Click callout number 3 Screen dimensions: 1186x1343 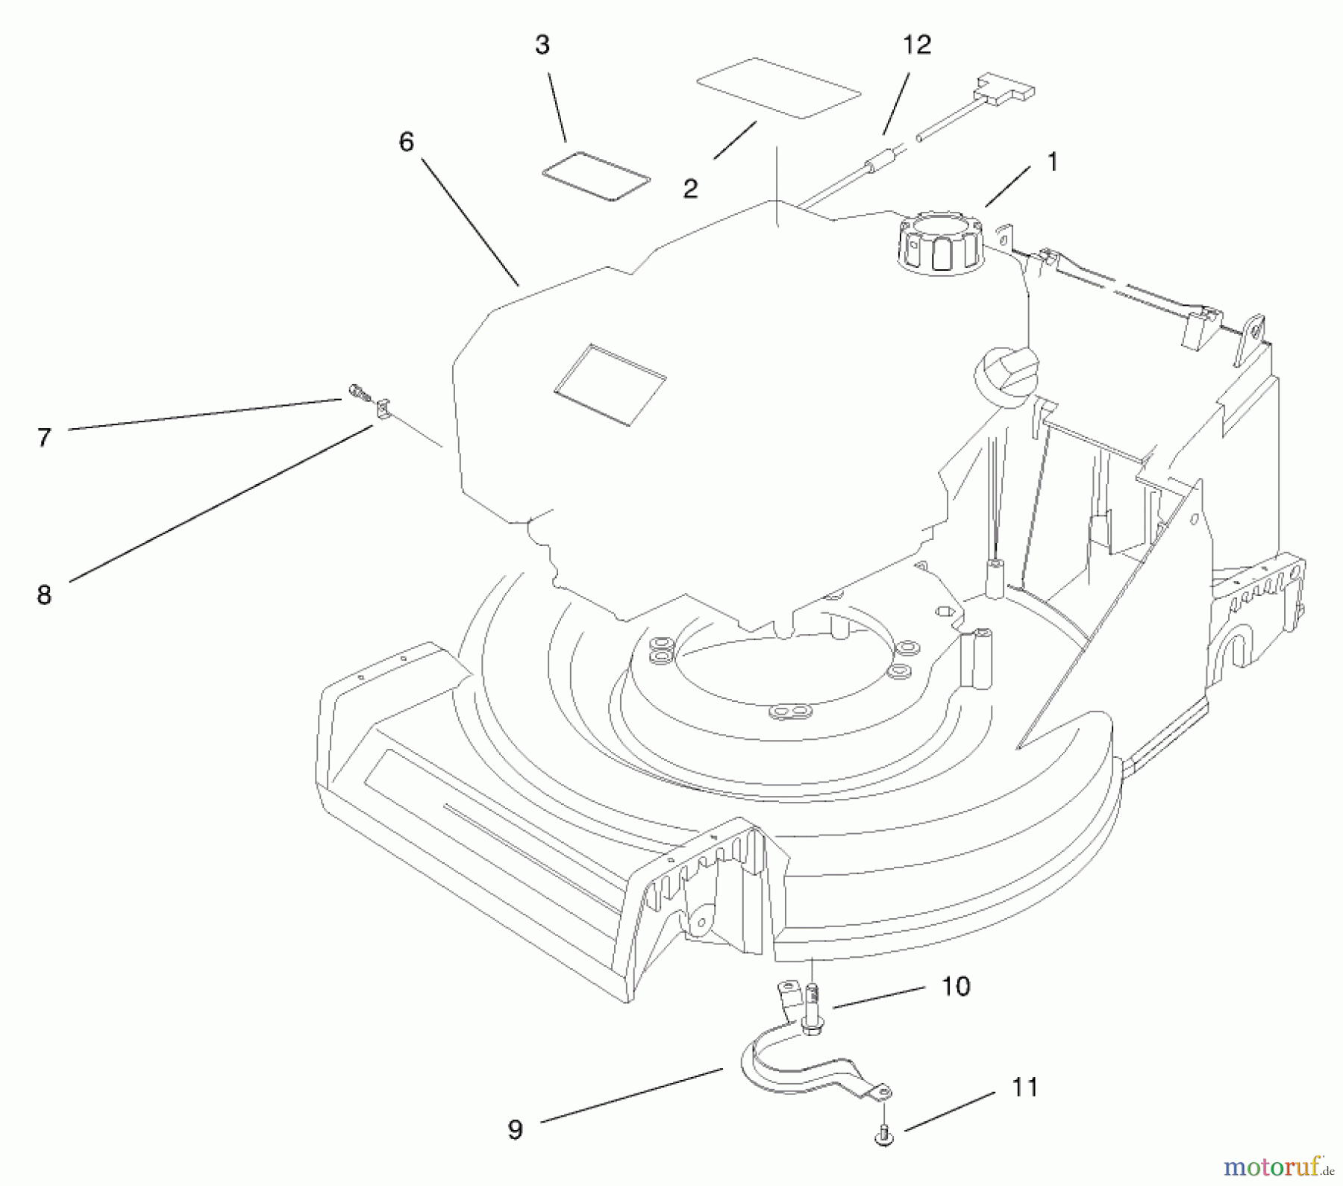(x=542, y=46)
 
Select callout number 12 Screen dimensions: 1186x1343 (x=917, y=46)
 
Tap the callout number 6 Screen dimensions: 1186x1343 (x=406, y=142)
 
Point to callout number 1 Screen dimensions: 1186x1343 (x=1052, y=162)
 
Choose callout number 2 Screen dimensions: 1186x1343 (x=690, y=189)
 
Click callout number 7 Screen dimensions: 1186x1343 (x=44, y=438)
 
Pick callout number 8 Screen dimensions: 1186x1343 (x=44, y=594)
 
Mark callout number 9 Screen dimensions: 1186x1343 (x=515, y=1129)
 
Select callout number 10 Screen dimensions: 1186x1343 (x=956, y=986)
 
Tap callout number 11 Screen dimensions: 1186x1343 (x=1024, y=1088)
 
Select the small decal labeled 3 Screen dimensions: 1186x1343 (x=595, y=176)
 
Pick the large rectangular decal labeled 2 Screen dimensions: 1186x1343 (x=777, y=87)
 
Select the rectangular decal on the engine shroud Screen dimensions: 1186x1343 (x=610, y=385)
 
